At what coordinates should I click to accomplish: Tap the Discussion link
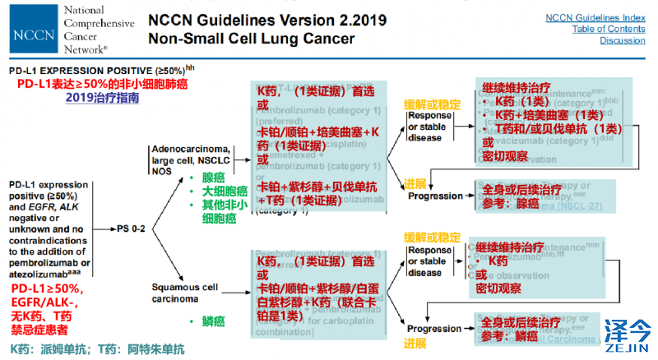622,40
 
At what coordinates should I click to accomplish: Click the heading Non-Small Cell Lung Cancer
251,39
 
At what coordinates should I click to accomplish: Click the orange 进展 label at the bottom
415,341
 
